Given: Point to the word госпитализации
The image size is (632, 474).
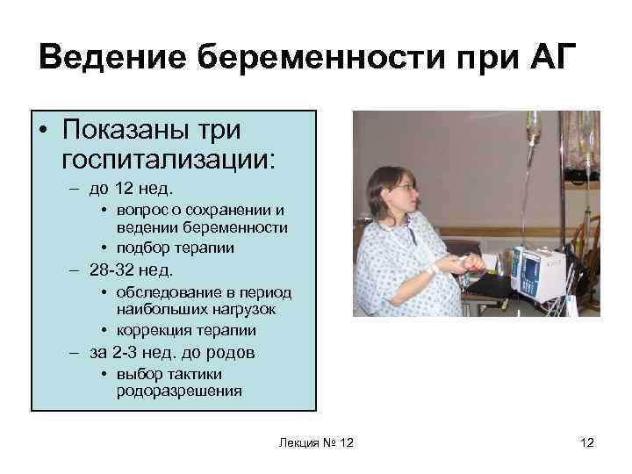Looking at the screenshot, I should click(169, 159).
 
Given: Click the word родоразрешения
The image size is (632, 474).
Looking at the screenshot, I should click(179, 391).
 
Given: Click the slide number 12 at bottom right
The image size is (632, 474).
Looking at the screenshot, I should click(586, 443).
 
